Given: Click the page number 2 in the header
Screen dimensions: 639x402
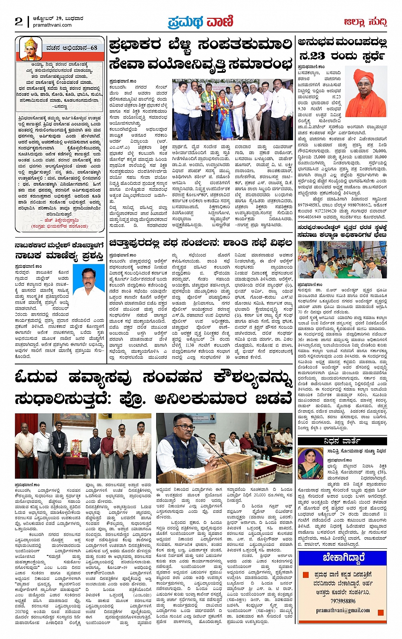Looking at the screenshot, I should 19,22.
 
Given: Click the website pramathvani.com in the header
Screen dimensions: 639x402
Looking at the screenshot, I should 52,25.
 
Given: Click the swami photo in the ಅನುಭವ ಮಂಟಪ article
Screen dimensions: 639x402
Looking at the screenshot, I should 366,92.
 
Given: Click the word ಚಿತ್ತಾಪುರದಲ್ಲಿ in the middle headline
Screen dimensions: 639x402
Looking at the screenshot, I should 141,243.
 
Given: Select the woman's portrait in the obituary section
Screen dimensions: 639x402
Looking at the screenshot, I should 311,464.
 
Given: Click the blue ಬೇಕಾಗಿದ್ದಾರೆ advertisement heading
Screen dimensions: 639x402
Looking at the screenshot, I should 343,557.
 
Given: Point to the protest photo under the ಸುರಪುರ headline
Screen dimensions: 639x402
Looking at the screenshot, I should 342,260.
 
